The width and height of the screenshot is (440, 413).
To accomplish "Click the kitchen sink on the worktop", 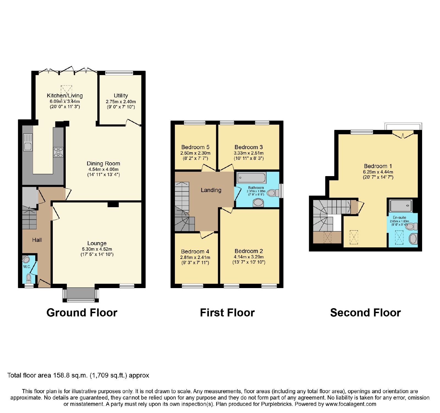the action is click(x=28, y=142).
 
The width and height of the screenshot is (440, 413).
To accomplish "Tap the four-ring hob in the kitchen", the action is click(x=58, y=152).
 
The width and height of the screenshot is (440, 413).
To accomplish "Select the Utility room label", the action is click(x=121, y=95).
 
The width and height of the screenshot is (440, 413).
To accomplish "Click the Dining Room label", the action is click(x=103, y=163).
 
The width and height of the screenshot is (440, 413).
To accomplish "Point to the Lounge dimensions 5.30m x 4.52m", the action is click(x=97, y=249).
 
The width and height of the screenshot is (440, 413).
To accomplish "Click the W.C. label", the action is click(x=27, y=267).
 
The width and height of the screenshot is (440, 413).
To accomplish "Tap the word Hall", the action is click(x=37, y=240).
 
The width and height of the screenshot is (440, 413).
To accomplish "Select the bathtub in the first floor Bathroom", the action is click(x=251, y=178).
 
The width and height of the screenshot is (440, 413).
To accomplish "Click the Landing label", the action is click(x=211, y=190).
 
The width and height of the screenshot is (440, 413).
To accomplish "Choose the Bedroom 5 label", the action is click(x=195, y=147).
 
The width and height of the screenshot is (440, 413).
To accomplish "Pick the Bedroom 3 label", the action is click(x=249, y=147).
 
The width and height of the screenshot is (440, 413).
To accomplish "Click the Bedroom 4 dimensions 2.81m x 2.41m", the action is click(x=195, y=257).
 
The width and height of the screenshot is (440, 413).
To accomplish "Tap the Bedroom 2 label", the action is click(x=249, y=251).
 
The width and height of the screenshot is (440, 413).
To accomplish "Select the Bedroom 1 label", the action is click(x=378, y=166).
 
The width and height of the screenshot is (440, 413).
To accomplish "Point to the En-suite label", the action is click(x=399, y=217).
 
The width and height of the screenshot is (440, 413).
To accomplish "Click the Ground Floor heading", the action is click(x=82, y=313).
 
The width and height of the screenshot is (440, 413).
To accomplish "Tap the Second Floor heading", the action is click(x=365, y=313).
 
